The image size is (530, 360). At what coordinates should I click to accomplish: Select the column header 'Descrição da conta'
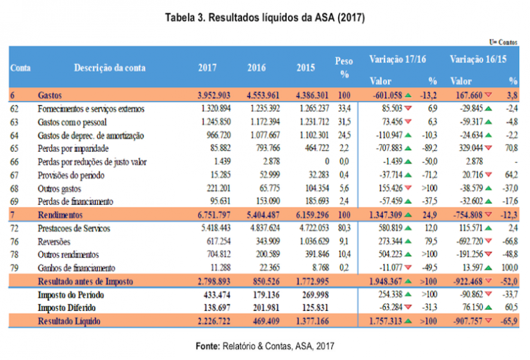pos(111,68)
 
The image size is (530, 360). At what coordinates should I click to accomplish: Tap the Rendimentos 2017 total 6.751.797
pos(209,215)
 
